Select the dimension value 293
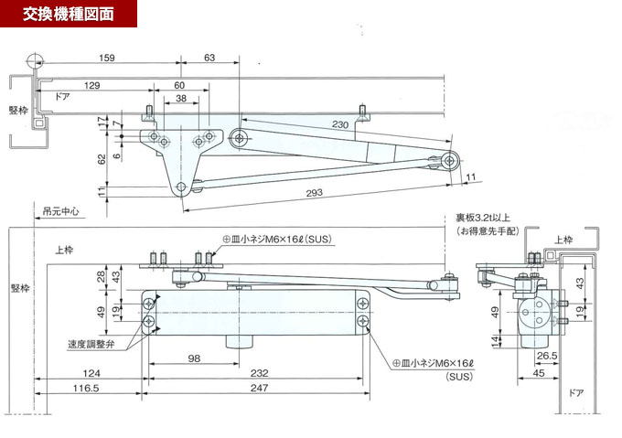315,193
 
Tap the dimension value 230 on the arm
340,124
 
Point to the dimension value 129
91,85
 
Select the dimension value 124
89,374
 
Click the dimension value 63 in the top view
209,59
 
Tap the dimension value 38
181,98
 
